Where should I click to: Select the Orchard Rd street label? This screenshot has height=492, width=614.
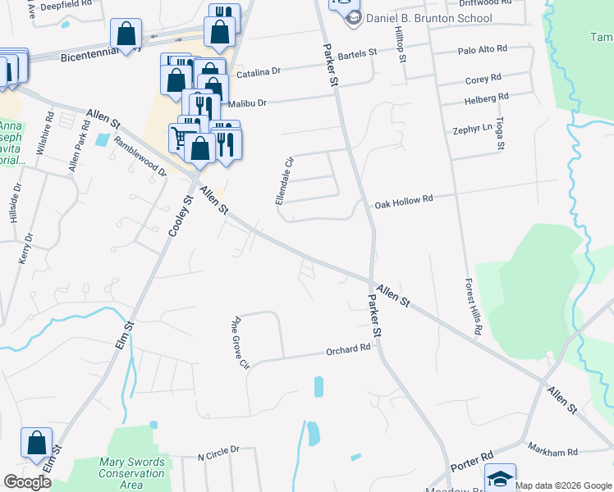coord(349,349)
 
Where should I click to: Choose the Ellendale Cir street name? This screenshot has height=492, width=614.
coord(284,180)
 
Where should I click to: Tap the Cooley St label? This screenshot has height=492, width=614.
coord(181,216)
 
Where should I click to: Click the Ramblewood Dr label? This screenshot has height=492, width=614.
coord(141,157)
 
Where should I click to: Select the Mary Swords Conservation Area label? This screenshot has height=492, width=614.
coord(132,473)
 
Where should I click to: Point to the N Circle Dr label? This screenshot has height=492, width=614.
coord(218,449)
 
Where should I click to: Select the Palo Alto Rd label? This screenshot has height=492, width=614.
coord(483,50)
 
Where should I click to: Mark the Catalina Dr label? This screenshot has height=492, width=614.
coord(259,73)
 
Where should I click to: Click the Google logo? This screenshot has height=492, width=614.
coord(28,481)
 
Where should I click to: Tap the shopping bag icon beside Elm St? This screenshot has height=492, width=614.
coord(37,444)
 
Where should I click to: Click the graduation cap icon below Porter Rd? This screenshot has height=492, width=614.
coord(500,477)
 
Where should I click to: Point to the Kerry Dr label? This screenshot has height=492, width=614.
coord(25,248)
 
